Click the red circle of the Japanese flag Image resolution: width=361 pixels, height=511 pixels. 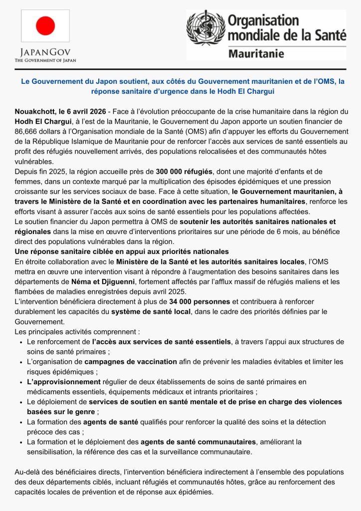click(x=45, y=25)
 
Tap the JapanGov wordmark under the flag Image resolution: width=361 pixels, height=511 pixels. click(x=45, y=52)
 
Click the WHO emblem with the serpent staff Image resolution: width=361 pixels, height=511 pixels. click(x=205, y=28)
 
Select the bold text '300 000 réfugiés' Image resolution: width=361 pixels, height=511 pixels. click(x=184, y=171)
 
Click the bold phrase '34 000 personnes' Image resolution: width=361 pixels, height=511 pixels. click(x=199, y=301)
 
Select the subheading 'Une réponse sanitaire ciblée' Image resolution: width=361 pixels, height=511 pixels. click(x=122, y=252)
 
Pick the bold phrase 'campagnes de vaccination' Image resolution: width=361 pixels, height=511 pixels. click(x=131, y=361)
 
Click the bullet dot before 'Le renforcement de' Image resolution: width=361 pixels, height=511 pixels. click(x=20, y=342)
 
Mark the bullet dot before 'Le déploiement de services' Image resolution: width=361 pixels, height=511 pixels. click(x=20, y=402)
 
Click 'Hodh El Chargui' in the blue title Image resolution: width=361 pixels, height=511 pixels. click(x=234, y=92)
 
